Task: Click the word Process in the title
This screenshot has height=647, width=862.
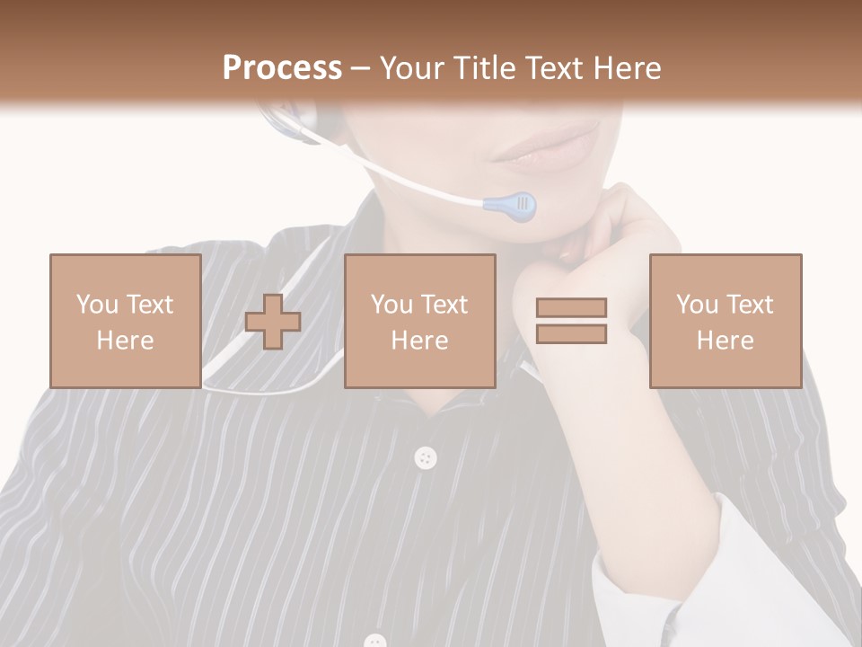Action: pos(282,68)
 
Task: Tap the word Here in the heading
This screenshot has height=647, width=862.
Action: pos(623,68)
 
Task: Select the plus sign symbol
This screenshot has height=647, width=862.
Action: pos(273,322)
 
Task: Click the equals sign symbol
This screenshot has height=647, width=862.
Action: pos(571,321)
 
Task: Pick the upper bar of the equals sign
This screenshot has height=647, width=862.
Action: pos(571,307)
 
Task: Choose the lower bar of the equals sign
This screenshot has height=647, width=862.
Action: pos(571,334)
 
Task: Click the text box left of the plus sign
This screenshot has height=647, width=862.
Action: pos(125,322)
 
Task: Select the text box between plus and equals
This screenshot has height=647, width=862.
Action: pos(419,322)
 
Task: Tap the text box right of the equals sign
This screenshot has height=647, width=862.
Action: pos(725,322)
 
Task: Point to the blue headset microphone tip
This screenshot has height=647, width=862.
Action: pos(511,206)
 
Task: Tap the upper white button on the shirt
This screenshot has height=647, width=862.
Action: pos(426,458)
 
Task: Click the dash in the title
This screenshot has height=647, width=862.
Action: pos(361,68)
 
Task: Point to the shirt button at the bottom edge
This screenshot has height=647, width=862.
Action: pos(375,641)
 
